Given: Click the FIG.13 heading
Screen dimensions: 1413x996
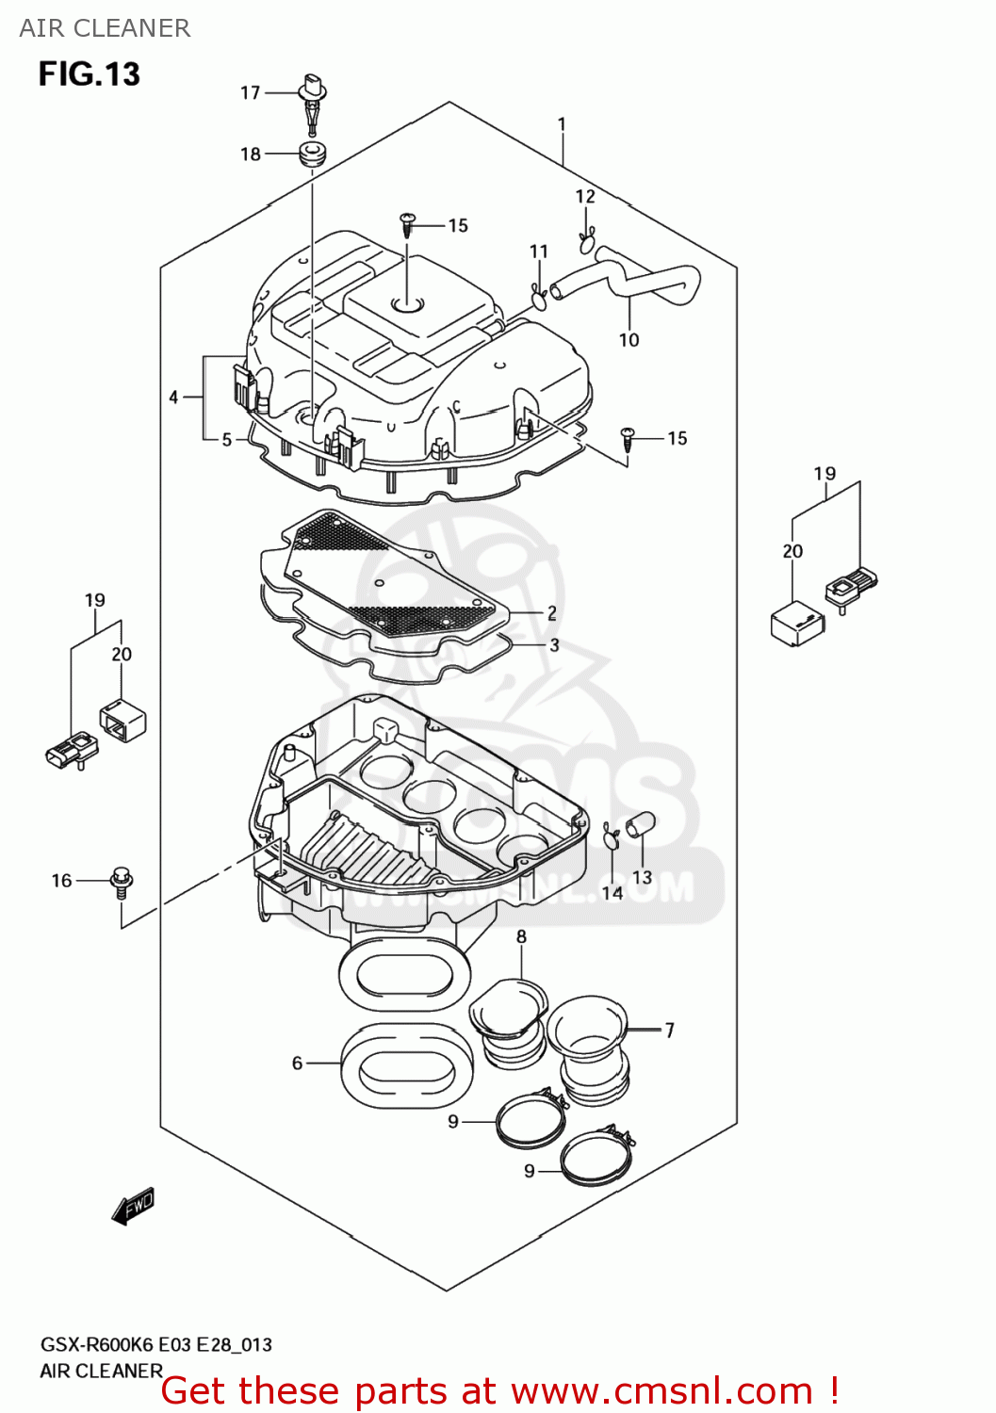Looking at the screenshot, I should (x=89, y=73).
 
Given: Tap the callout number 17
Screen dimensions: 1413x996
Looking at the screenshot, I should (x=250, y=92).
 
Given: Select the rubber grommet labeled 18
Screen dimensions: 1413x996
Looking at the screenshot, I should (x=312, y=154).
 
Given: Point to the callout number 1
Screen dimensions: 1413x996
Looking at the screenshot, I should (x=562, y=124).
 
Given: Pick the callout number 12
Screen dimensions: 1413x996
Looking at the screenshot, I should (x=585, y=196).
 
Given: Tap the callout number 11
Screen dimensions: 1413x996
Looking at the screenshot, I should (x=538, y=252).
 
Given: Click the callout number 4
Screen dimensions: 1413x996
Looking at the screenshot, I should (x=173, y=398).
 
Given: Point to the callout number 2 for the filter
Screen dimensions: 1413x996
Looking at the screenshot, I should (x=552, y=613).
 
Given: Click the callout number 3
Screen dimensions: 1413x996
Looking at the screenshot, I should (x=554, y=645).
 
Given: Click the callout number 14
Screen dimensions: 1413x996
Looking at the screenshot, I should (x=612, y=893).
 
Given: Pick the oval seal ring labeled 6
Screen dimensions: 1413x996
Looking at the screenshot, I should (x=406, y=1064).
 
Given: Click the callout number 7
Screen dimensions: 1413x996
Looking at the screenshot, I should (x=669, y=1031).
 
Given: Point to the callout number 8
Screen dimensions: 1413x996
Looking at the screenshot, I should (x=521, y=936).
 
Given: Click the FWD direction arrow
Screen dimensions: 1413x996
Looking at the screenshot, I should (x=133, y=1206).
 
